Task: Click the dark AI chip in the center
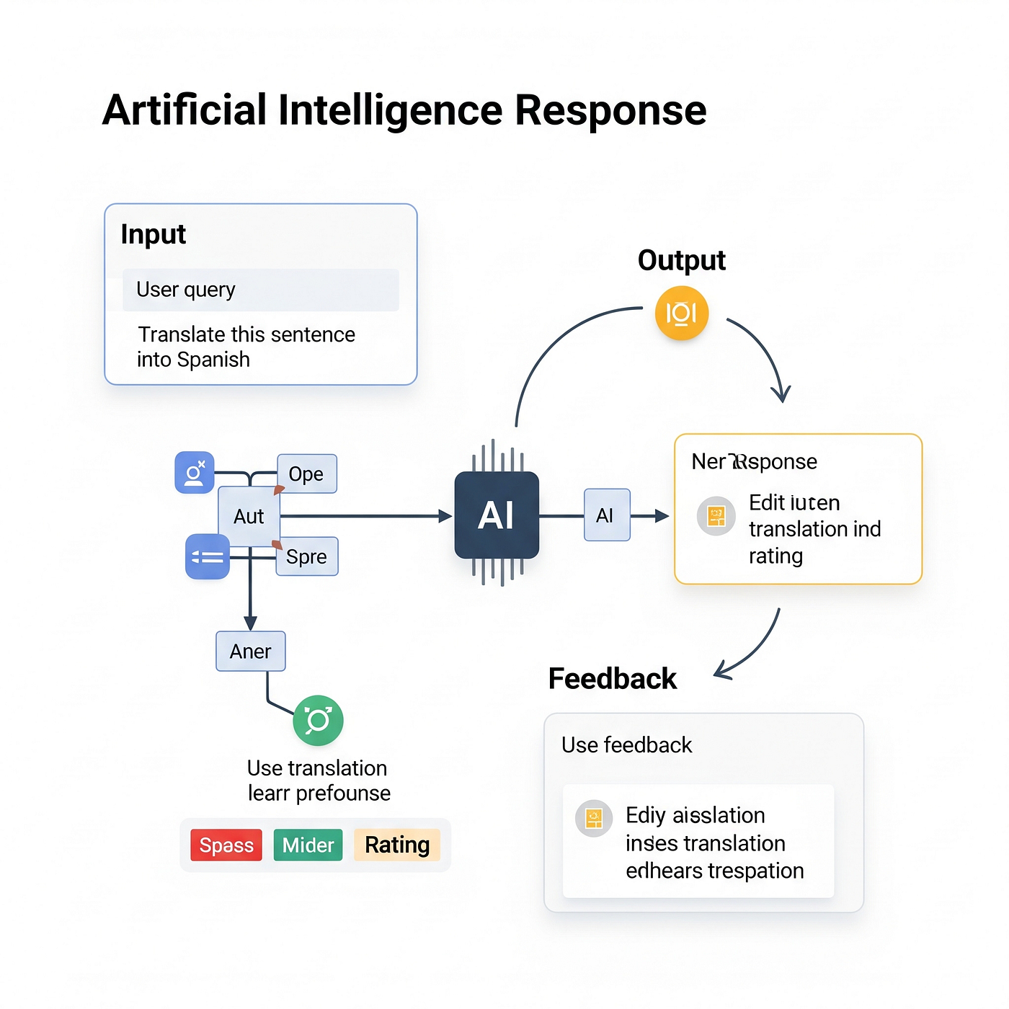pyautogui.click(x=497, y=515)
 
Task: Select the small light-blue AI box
pyautogui.click(x=607, y=515)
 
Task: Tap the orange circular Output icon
pyautogui.click(x=681, y=314)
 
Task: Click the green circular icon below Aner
pyautogui.click(x=318, y=720)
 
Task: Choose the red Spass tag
pyautogui.click(x=226, y=845)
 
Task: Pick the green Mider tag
pyautogui.click(x=308, y=845)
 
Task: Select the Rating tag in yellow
pyautogui.click(x=397, y=845)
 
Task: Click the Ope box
pyautogui.click(x=307, y=474)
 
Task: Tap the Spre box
pyautogui.click(x=307, y=556)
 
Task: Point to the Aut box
pyautogui.click(x=249, y=516)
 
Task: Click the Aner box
pyautogui.click(x=251, y=652)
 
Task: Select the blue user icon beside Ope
pyautogui.click(x=195, y=473)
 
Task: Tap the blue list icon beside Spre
pyautogui.click(x=208, y=556)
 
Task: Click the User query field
pyautogui.click(x=260, y=290)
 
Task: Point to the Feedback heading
pyautogui.click(x=613, y=679)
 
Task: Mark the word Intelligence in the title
pyautogui.click(x=391, y=110)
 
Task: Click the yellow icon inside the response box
pyautogui.click(x=716, y=516)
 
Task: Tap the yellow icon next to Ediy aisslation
pyautogui.click(x=594, y=818)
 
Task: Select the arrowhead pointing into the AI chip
pyautogui.click(x=445, y=516)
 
